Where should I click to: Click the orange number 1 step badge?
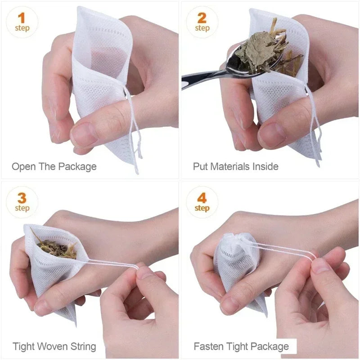coord(22,22)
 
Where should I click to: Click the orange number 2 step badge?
coord(202,22)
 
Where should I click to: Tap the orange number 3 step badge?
coord(22,202)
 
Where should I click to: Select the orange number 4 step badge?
coord(202,202)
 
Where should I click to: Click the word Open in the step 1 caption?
coord(24,167)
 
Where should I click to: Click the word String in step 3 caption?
coord(82,346)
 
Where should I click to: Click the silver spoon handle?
coord(198,80)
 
